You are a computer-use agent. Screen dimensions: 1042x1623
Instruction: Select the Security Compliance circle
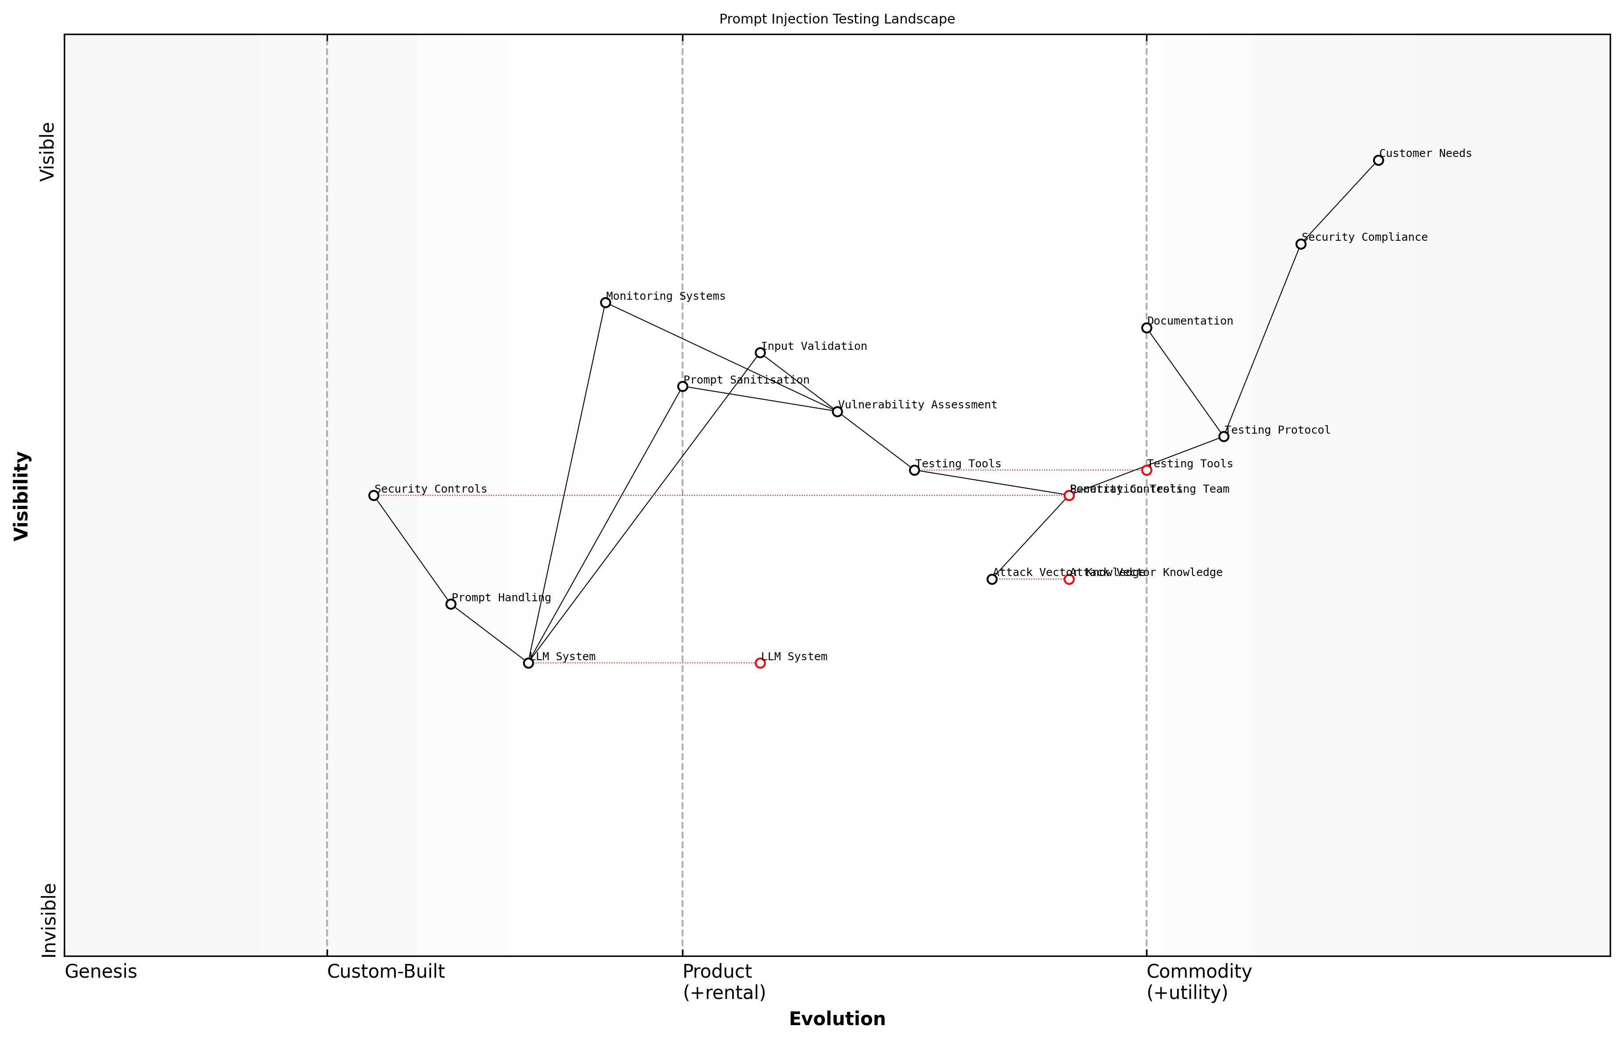[x=1300, y=244]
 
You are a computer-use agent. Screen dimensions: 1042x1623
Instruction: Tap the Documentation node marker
[x=1146, y=328]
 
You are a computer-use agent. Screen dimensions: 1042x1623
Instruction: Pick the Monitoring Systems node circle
[x=605, y=302]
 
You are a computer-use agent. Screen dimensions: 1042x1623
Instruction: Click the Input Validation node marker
[x=760, y=353]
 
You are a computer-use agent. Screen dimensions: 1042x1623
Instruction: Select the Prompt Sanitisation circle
[x=683, y=386]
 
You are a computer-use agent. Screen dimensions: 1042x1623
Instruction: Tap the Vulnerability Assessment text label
[x=917, y=405]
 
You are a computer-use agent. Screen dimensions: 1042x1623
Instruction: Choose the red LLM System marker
[x=760, y=663]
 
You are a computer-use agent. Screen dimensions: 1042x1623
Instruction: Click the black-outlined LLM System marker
[x=528, y=663]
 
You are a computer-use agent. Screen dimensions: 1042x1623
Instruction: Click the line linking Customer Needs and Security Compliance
[x=1339, y=202]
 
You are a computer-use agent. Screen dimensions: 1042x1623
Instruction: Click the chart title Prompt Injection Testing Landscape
[x=836, y=19]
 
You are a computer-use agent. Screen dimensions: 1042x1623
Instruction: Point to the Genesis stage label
[x=101, y=971]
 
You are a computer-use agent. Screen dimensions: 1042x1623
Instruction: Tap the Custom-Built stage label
[x=386, y=971]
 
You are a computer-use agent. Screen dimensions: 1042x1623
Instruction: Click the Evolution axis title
[x=836, y=1019]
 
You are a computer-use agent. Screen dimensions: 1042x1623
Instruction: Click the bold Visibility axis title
[x=22, y=496]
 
